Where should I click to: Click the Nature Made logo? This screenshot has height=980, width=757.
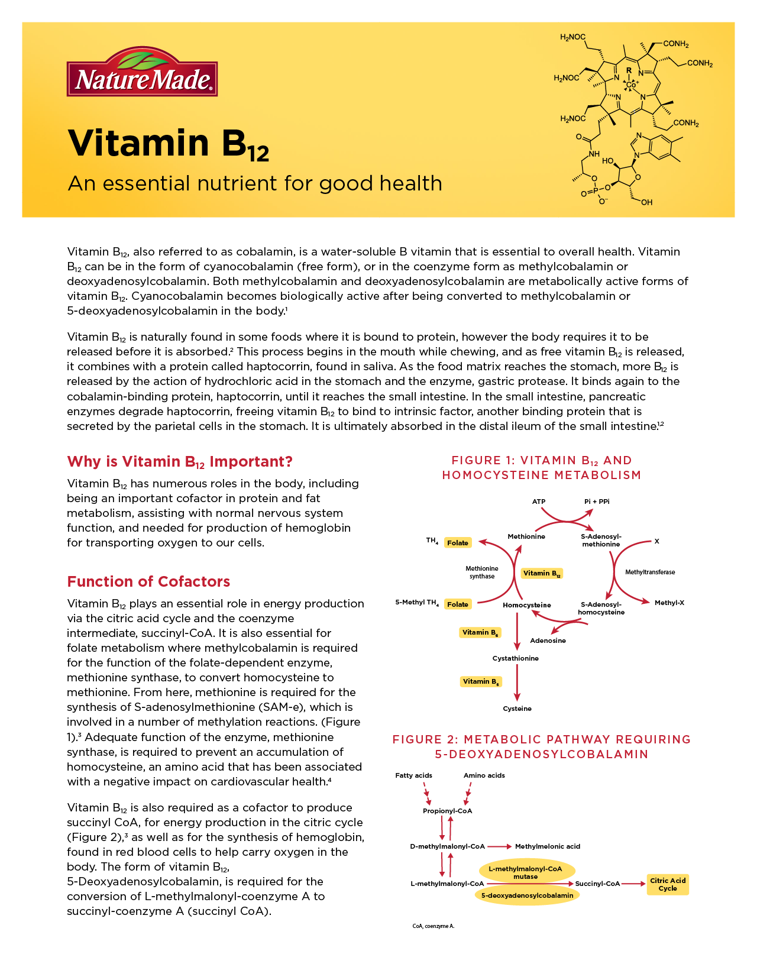coord(143,73)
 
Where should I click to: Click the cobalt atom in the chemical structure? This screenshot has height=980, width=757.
coord(630,85)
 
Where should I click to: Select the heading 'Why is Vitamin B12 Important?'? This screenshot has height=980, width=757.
coord(180,462)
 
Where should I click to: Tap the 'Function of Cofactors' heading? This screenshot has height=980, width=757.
coord(148,582)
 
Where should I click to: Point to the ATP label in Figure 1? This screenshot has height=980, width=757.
coord(538,502)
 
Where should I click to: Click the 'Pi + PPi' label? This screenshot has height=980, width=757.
coord(597,502)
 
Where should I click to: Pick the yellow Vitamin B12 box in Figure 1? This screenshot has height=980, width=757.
coord(541,573)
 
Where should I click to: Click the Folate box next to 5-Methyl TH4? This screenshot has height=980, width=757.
coord(458,604)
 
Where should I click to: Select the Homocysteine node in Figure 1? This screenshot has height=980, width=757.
coord(526,605)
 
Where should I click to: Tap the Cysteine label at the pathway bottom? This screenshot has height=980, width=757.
coord(517,709)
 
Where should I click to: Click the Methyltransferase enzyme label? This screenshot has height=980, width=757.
coord(650,572)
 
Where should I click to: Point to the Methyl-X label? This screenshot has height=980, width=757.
coord(669,603)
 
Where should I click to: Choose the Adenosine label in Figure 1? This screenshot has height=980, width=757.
coord(548,641)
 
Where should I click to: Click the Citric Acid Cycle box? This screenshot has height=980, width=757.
coord(668,884)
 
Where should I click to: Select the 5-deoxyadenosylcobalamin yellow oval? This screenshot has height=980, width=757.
coord(527,895)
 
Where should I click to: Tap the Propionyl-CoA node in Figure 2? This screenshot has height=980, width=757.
coord(447,811)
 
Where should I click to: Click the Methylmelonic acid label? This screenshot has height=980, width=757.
coord(547,846)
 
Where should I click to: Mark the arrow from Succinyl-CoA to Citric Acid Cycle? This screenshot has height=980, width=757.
coord(633,884)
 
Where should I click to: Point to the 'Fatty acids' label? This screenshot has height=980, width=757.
coord(413,775)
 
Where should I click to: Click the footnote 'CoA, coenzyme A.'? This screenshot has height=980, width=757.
coord(433,926)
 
